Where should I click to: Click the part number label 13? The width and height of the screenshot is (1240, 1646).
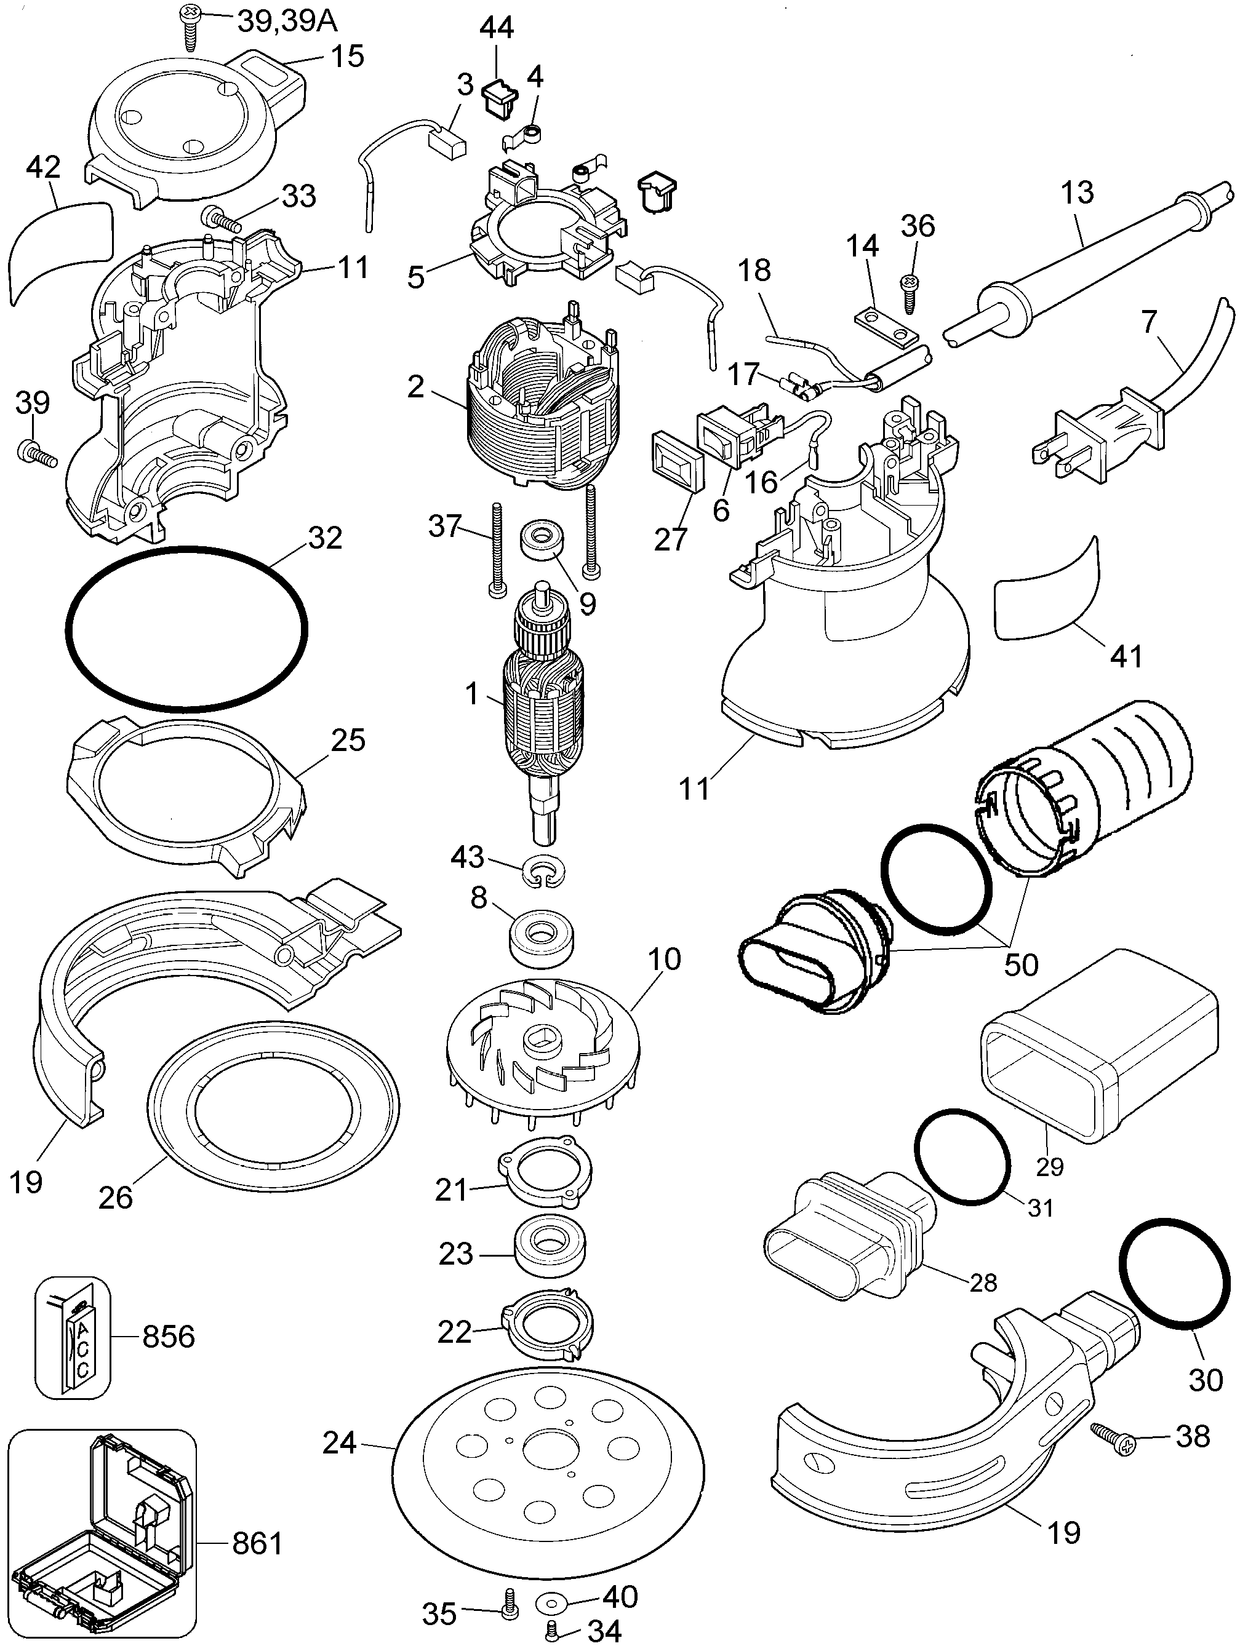click(x=1077, y=193)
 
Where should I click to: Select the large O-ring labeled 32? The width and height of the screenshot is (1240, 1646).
click(x=186, y=629)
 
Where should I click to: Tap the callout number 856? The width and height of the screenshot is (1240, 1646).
click(x=168, y=1337)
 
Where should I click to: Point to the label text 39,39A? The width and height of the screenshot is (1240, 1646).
click(x=287, y=21)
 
